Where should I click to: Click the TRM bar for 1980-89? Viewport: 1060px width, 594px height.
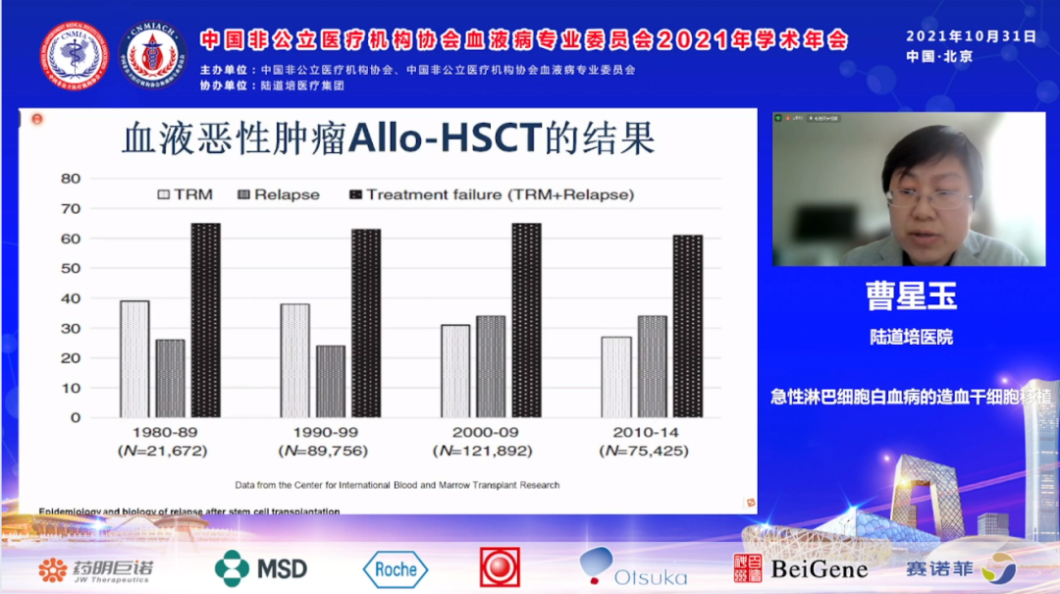coord(134,358)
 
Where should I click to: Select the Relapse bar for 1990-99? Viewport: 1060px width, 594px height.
coord(331,381)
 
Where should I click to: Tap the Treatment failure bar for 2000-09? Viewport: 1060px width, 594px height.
coord(526,320)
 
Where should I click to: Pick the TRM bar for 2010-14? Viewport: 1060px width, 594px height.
coord(615,377)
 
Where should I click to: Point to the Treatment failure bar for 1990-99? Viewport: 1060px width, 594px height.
coord(366,323)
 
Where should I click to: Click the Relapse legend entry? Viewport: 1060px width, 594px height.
coord(279,194)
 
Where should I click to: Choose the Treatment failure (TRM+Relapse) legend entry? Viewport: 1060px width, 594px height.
coord(491,194)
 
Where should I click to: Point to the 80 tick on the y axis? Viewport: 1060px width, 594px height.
coord(70,179)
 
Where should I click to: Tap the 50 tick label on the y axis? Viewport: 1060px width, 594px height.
coord(70,268)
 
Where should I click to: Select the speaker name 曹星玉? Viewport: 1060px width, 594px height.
coord(911,295)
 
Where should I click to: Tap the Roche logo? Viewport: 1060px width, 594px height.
coord(396,568)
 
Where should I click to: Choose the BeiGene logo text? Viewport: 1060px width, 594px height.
coord(819,568)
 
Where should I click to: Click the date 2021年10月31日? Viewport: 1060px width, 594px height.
coord(971,36)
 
